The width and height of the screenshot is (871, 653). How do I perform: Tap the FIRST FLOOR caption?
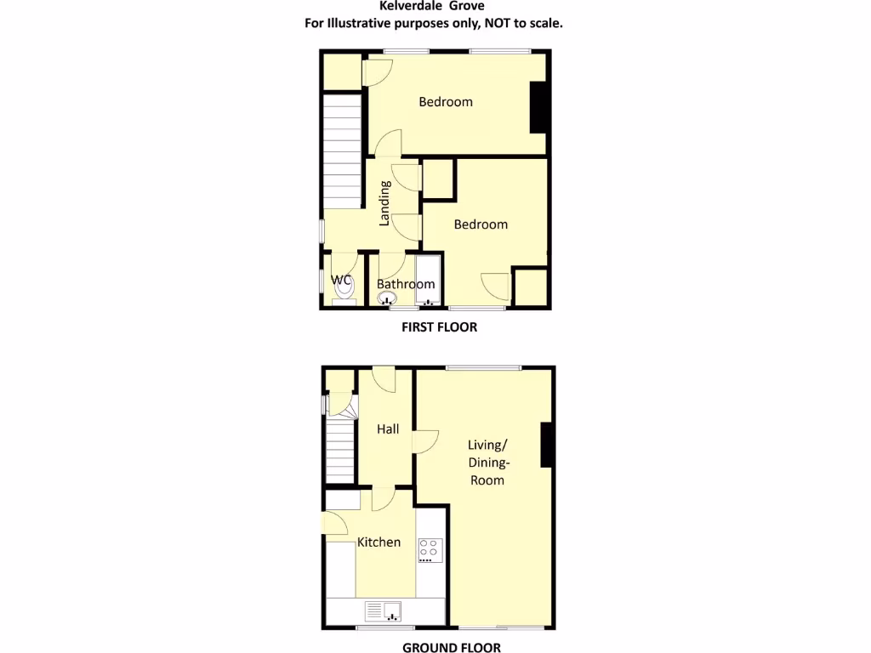click(x=439, y=326)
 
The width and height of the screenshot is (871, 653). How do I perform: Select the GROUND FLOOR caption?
click(x=451, y=647)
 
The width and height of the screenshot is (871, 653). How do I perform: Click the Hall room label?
click(x=388, y=429)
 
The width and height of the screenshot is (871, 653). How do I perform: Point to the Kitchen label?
click(x=379, y=542)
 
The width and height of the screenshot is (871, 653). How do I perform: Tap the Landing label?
click(x=384, y=203)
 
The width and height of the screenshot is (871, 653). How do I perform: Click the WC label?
click(x=341, y=280)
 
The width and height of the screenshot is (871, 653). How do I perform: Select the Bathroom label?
click(x=406, y=284)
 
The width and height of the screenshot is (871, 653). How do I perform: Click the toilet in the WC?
click(x=344, y=290)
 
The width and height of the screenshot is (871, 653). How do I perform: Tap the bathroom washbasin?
click(x=388, y=298)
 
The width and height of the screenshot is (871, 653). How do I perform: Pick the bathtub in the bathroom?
click(x=428, y=280)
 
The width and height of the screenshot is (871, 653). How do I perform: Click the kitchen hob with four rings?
click(x=430, y=550)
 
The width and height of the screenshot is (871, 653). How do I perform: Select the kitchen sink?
click(x=384, y=610)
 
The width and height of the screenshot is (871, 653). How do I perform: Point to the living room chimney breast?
click(x=548, y=445)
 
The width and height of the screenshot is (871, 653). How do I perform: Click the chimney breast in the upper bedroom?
click(x=538, y=107)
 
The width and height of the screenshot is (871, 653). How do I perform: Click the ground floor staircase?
click(x=341, y=451)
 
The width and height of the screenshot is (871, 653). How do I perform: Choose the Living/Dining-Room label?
click(x=487, y=462)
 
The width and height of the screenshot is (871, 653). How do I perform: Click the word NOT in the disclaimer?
click(x=496, y=23)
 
